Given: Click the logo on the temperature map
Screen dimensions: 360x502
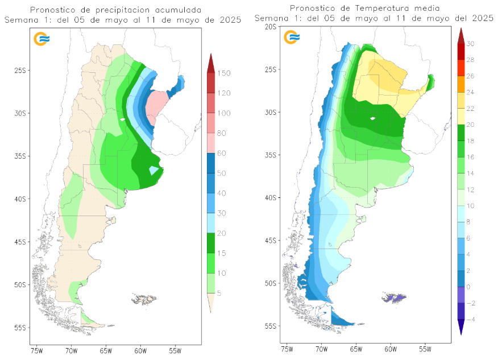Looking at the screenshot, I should tap(292, 38).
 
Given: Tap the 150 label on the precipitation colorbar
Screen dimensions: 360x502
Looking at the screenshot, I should tap(223, 73).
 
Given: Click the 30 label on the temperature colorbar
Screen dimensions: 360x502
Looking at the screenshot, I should tap(471, 43).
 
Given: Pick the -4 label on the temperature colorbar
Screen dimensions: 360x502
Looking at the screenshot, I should tap(471, 320).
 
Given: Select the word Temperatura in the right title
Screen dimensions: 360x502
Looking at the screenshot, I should tap(383, 8).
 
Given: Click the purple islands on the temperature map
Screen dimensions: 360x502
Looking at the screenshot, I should tap(394, 297).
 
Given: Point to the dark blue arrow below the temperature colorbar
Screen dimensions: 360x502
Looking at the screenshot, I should tap(460, 327).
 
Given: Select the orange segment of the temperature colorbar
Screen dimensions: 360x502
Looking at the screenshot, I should tap(460, 84).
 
